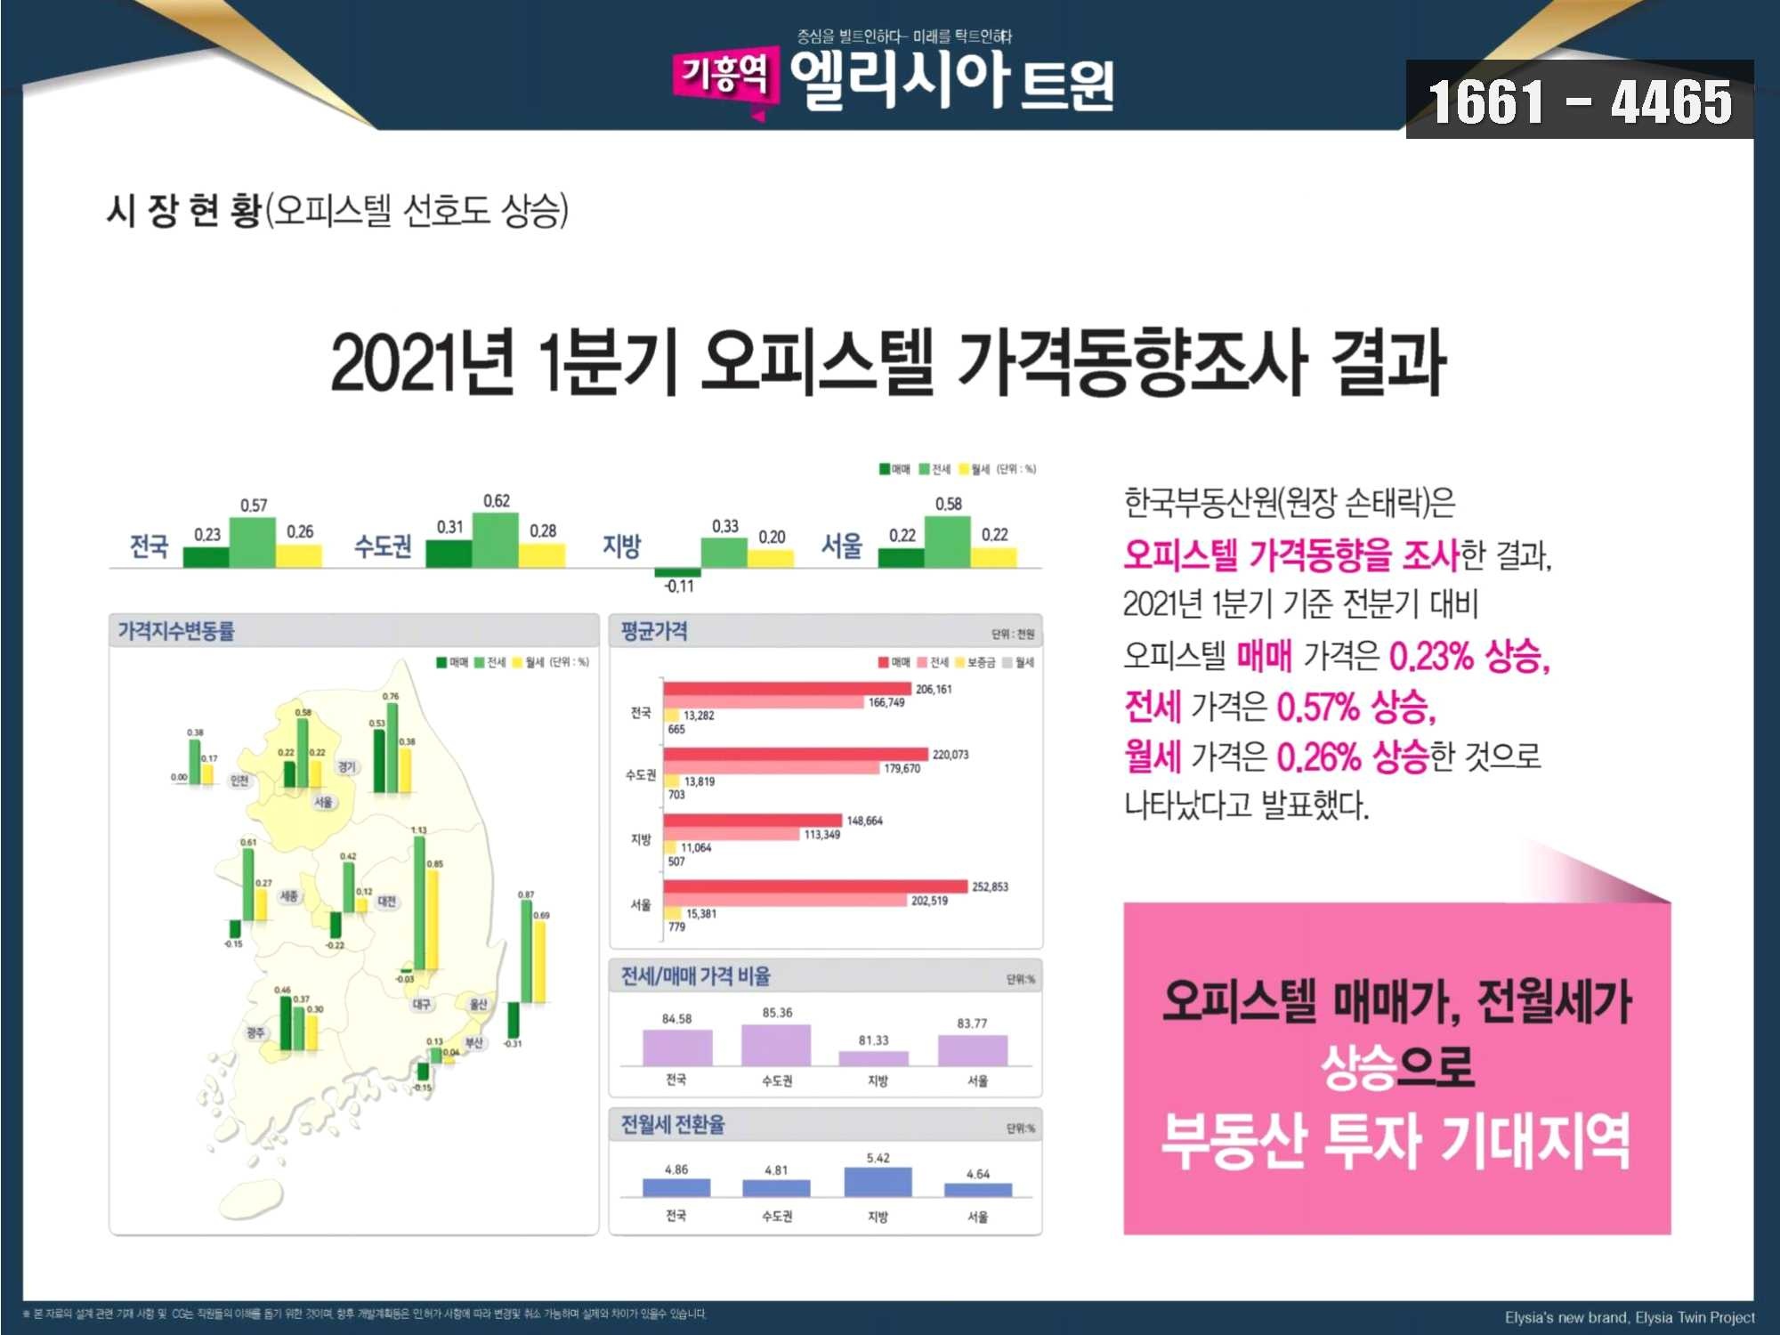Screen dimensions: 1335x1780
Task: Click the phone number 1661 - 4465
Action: (1580, 101)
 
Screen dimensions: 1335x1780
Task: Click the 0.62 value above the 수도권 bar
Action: (497, 501)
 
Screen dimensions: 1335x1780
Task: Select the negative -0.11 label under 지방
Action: (679, 586)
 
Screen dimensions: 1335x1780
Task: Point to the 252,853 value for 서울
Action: (990, 886)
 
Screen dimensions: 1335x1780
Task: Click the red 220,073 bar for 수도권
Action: (795, 755)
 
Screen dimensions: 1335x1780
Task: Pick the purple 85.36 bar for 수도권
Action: (776, 1044)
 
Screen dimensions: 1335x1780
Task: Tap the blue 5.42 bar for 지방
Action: (878, 1182)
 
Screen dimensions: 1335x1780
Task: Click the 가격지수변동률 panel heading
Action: (176, 631)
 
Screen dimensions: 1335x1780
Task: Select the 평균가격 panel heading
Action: (654, 631)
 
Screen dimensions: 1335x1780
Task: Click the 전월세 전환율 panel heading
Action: (673, 1125)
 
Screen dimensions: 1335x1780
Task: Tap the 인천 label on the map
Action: (239, 781)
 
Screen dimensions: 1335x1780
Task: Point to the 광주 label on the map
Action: (255, 1032)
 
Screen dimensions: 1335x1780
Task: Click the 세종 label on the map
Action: (289, 896)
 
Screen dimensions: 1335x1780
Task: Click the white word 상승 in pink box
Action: (1358, 1066)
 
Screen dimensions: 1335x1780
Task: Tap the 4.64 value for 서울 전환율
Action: (977, 1174)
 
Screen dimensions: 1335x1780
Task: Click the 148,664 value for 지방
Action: (864, 821)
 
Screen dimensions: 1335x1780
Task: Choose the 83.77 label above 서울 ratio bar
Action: (972, 1023)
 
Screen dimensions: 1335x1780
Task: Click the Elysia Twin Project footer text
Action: (1629, 1317)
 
